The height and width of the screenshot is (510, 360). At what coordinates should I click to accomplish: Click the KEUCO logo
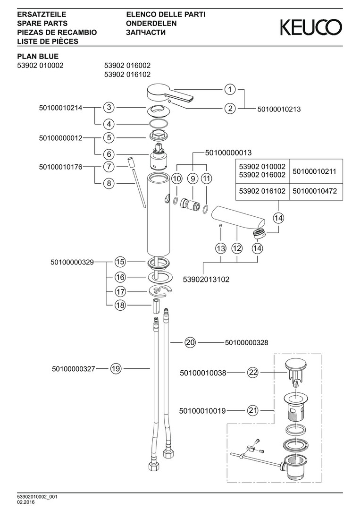pyautogui.click(x=311, y=27)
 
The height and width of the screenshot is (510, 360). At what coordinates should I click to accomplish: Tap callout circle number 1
pyautogui.click(x=230, y=89)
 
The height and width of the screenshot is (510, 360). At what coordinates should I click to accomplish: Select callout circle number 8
pyautogui.click(x=109, y=183)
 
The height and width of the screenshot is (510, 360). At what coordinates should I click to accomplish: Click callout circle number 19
pyautogui.click(x=116, y=369)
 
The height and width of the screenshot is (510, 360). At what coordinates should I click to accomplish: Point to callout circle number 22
pyautogui.click(x=253, y=373)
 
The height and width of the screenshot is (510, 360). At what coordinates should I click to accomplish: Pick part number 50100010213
pyautogui.click(x=279, y=109)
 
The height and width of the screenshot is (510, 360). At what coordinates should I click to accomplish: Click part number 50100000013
pyautogui.click(x=228, y=153)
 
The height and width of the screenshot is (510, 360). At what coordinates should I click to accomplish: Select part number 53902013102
pyautogui.click(x=206, y=279)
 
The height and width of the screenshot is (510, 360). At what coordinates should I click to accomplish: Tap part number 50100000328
pyautogui.click(x=249, y=342)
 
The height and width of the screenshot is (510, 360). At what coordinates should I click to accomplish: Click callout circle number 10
pyautogui.click(x=176, y=179)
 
